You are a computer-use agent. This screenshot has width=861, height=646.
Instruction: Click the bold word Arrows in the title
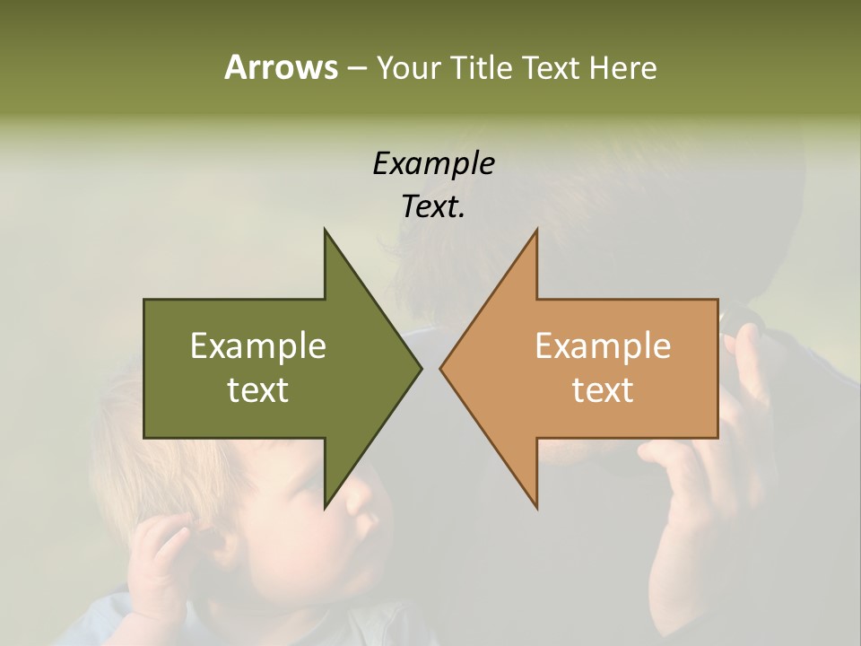(281, 67)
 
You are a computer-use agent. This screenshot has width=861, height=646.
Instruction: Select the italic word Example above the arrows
(433, 164)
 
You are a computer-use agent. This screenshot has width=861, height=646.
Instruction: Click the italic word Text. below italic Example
(433, 207)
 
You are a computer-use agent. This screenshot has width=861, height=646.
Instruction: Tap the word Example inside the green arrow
(258, 346)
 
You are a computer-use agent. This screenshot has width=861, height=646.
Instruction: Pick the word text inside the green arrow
(258, 390)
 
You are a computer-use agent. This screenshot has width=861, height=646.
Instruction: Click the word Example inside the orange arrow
(603, 346)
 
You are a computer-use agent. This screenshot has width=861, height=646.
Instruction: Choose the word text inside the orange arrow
(603, 390)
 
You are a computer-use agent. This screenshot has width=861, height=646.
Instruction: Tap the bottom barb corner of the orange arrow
(536, 507)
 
